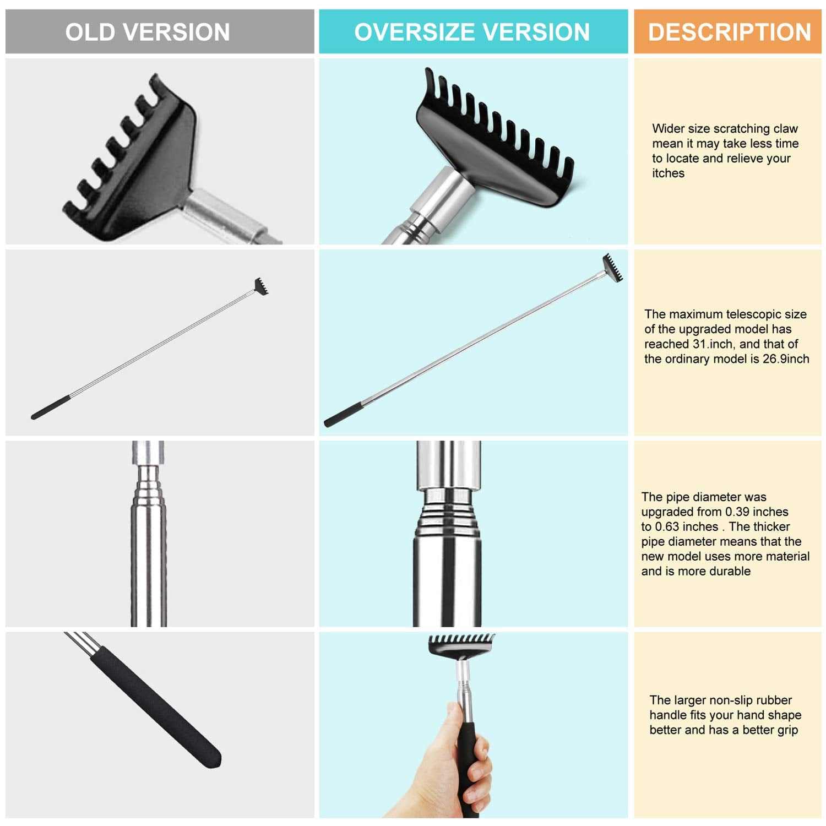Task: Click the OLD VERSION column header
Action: (148, 32)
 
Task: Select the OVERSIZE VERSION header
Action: (472, 32)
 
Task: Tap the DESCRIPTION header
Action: (730, 32)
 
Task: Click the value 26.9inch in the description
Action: (786, 359)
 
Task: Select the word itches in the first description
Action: (669, 173)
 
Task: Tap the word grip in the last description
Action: (786, 730)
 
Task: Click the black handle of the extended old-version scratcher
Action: (50, 407)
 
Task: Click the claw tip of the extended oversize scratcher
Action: (612, 268)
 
